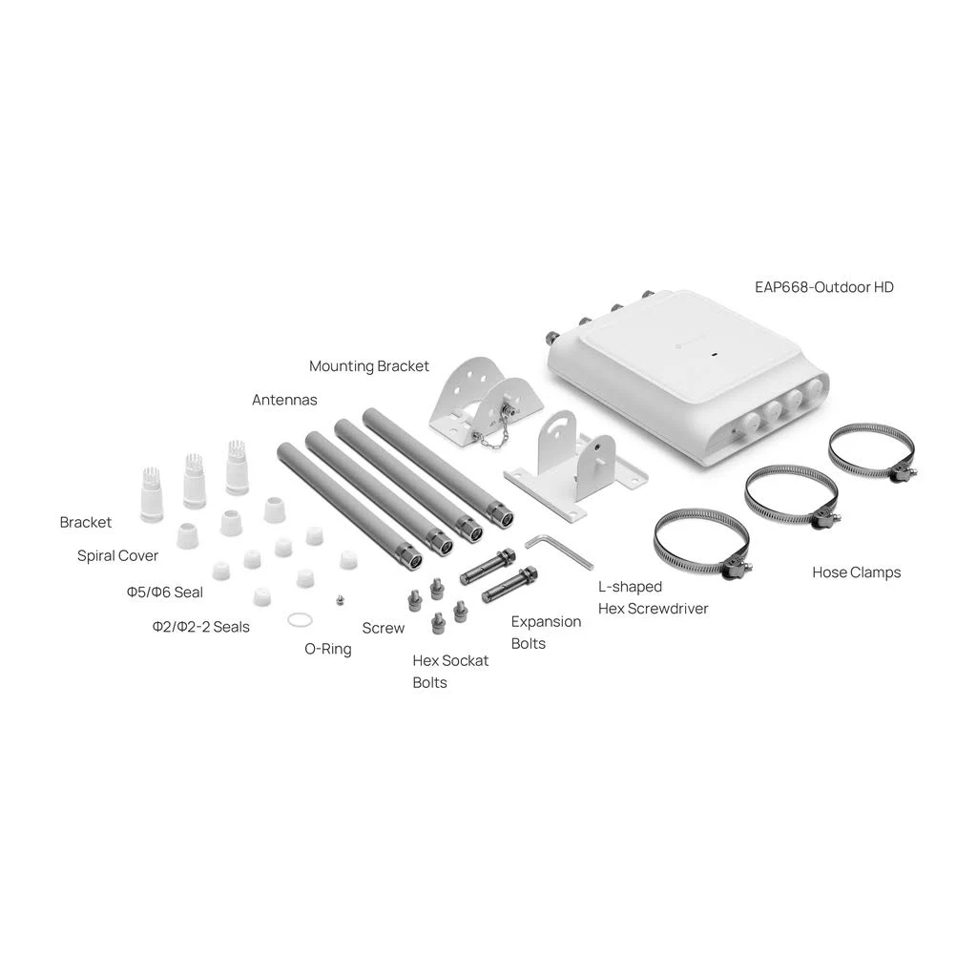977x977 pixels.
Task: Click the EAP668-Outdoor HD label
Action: [823, 287]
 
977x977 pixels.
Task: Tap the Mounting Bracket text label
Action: [369, 366]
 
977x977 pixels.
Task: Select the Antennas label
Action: [284, 400]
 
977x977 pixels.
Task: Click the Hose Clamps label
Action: [856, 572]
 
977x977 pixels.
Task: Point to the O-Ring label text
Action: [328, 649]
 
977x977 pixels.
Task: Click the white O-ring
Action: [300, 619]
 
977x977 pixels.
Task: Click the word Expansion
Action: [546, 622]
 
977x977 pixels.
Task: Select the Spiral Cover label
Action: [117, 556]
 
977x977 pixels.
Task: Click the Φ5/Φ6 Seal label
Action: [164, 592]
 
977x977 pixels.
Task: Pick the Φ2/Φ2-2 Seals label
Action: [200, 627]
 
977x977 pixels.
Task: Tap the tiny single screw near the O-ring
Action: [340, 600]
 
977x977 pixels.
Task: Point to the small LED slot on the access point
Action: [714, 355]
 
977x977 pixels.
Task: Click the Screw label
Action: [384, 628]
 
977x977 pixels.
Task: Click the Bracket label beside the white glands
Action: [85, 522]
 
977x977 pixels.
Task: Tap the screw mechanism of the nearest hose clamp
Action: [738, 568]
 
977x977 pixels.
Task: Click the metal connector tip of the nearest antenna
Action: [409, 555]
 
